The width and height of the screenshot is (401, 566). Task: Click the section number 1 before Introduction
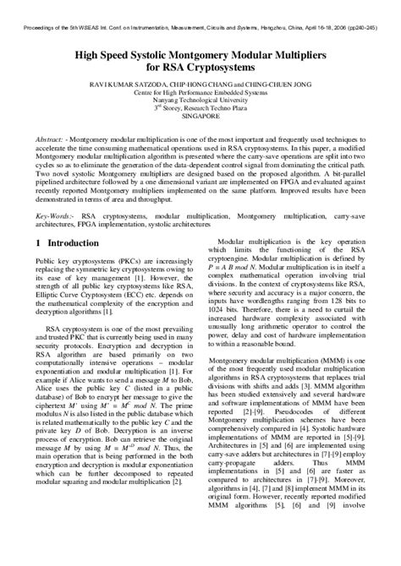(39, 243)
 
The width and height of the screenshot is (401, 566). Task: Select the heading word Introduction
(74, 243)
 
